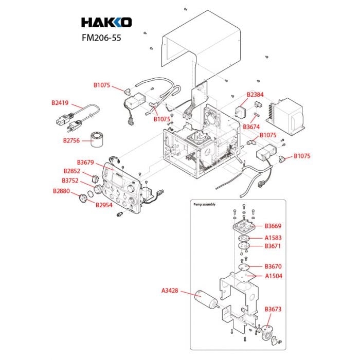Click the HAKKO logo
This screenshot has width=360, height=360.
106,22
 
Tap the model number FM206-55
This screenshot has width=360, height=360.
101,38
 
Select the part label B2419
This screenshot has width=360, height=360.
60,103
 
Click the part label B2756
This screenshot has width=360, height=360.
71,140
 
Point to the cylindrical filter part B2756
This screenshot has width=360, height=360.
98,139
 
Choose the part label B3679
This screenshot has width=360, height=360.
85,163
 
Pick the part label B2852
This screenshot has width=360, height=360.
72,171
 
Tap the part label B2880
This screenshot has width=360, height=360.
61,191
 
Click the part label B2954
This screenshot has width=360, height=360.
104,205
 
